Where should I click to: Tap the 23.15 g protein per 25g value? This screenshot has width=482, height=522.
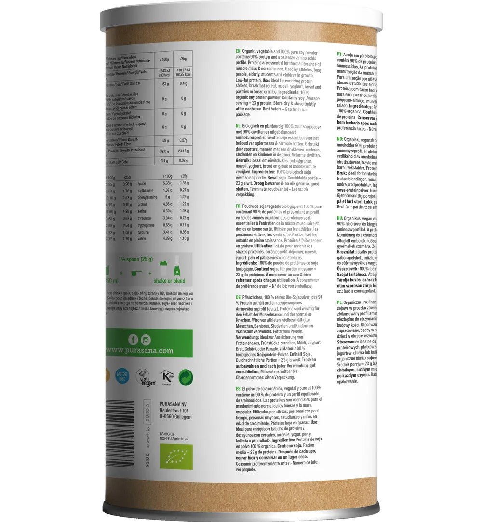184,151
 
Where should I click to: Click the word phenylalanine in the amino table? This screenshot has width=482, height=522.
147,197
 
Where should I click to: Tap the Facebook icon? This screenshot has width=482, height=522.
132,340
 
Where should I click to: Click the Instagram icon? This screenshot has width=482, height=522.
146,340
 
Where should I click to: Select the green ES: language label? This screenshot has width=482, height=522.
238,388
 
